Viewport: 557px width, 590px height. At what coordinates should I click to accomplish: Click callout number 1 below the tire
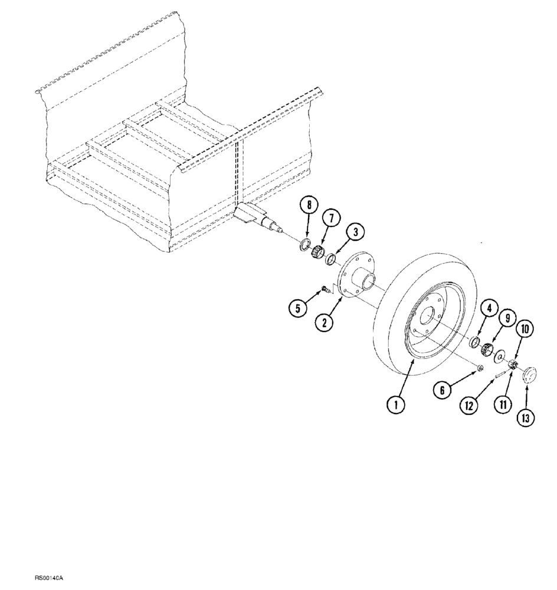pyautogui.click(x=396, y=404)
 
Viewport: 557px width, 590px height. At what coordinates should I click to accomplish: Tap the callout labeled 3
pyautogui.click(x=355, y=232)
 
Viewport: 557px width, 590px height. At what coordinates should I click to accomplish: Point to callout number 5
pyautogui.click(x=298, y=307)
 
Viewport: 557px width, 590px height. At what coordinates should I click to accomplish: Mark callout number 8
pyautogui.click(x=307, y=206)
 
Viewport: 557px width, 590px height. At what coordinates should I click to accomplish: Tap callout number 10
pyautogui.click(x=524, y=329)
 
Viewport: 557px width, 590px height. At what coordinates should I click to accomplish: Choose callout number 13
pyautogui.click(x=527, y=418)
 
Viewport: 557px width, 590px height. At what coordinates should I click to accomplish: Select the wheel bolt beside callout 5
pyautogui.click(x=325, y=289)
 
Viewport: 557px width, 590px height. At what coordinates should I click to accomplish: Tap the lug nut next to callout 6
pyautogui.click(x=480, y=369)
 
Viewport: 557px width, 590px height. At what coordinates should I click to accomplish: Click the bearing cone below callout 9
pyautogui.click(x=488, y=349)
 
